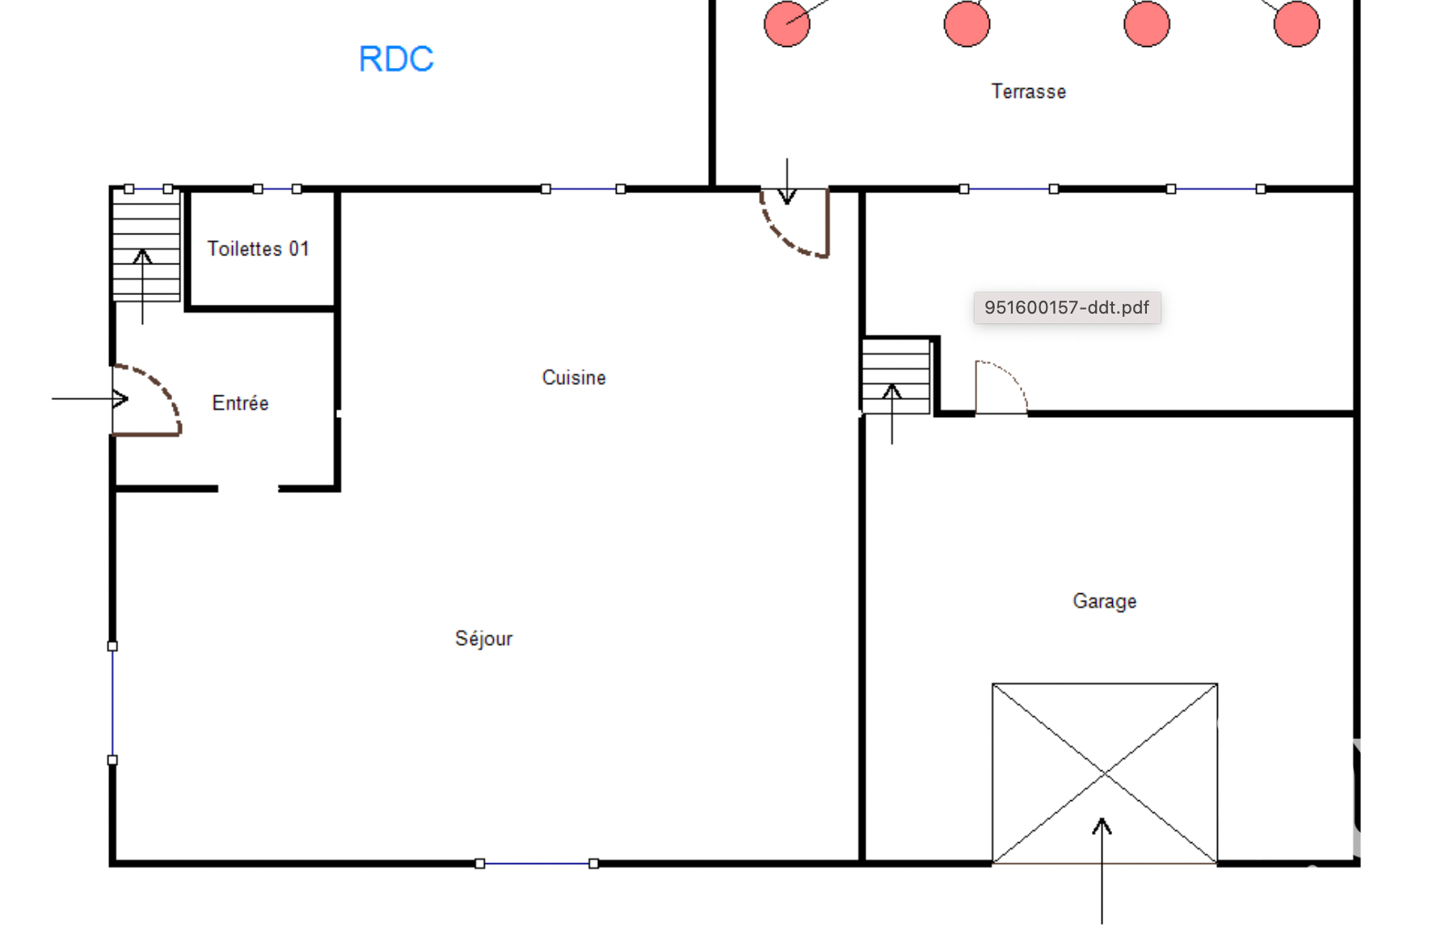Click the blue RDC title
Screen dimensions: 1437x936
[x=396, y=59]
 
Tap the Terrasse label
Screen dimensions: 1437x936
[x=1029, y=91]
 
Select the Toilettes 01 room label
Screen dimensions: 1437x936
[x=258, y=249]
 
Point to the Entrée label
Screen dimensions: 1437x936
[x=240, y=403]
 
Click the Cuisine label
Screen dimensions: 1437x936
[x=574, y=377]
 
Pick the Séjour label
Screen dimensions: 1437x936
[x=483, y=639]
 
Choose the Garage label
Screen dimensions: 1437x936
[x=1105, y=601]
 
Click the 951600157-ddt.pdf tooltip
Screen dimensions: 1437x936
[x=1067, y=307]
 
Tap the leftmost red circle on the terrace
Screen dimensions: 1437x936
[x=787, y=23]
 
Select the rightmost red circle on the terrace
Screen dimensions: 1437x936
[x=1296, y=23]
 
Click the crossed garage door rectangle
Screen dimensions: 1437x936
[x=1105, y=774]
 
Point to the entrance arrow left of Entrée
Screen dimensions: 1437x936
[x=90, y=398]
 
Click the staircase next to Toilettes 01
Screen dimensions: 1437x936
[x=146, y=246]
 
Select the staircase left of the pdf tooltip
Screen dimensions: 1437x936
[x=896, y=376]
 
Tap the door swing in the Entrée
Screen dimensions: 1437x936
[x=146, y=400]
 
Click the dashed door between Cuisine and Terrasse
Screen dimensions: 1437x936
[x=794, y=223]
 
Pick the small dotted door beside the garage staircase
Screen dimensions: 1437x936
[x=1001, y=387]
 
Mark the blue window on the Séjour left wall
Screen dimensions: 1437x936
[x=112, y=703]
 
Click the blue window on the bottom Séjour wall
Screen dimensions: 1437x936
[x=537, y=864]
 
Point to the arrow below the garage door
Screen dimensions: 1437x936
[x=1102, y=871]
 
